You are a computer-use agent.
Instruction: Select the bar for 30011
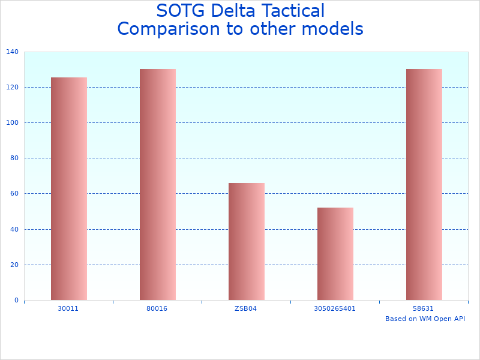coord(68,188)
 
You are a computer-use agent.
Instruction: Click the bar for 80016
coord(157,184)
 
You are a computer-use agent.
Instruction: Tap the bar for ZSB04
coord(246,241)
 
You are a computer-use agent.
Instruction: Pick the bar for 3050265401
coord(335,254)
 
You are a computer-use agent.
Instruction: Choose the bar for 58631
coord(424,184)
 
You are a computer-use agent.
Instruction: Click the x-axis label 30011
coord(68,308)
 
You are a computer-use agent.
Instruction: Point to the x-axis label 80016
coord(157,308)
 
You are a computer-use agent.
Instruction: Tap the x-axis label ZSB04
coord(246,308)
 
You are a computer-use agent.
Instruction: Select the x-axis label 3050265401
coord(335,308)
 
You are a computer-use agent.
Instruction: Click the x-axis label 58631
coord(424,308)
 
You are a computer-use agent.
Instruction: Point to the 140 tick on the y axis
coord(13,52)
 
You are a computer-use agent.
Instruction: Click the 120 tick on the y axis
coord(13,88)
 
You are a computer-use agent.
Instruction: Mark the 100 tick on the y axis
coord(13,123)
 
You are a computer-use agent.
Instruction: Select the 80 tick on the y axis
coord(14,158)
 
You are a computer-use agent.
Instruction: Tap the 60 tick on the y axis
coord(14,194)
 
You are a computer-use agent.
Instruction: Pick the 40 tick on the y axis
coord(14,229)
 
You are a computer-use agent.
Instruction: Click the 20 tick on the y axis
coord(14,265)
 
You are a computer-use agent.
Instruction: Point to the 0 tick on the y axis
coord(16,300)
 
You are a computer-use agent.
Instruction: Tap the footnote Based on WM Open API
coord(425,319)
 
